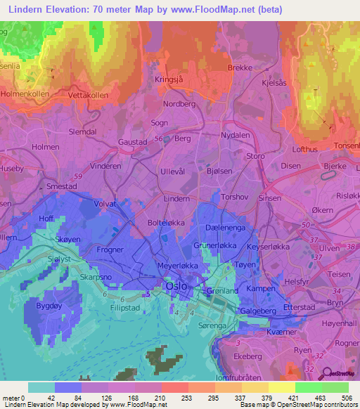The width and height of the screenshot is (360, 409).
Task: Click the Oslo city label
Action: pyautogui.click(x=176, y=287)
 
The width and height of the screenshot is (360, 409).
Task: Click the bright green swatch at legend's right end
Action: pyautogui.click(x=335, y=387)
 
